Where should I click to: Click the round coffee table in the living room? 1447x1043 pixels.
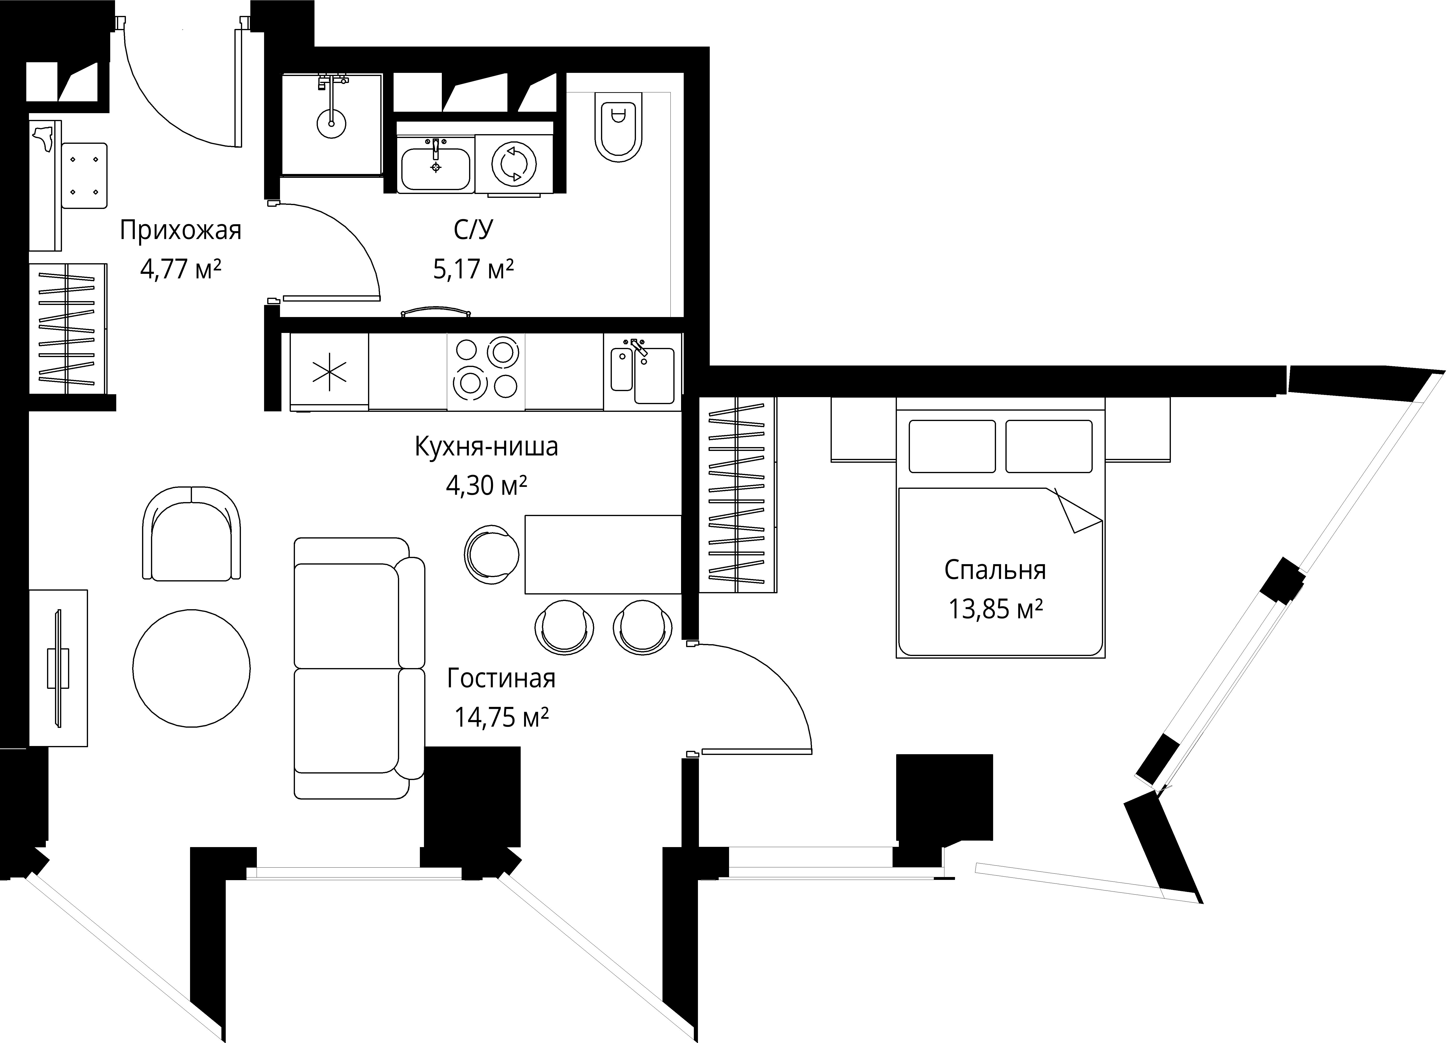pos(191,668)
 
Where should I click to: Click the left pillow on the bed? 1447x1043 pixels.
pos(952,446)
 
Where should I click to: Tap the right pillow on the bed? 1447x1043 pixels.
pos(1049,446)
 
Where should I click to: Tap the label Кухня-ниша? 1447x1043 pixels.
pos(486,447)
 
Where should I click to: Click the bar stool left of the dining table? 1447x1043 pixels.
pos(492,555)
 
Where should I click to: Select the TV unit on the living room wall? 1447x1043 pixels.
pos(58,668)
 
